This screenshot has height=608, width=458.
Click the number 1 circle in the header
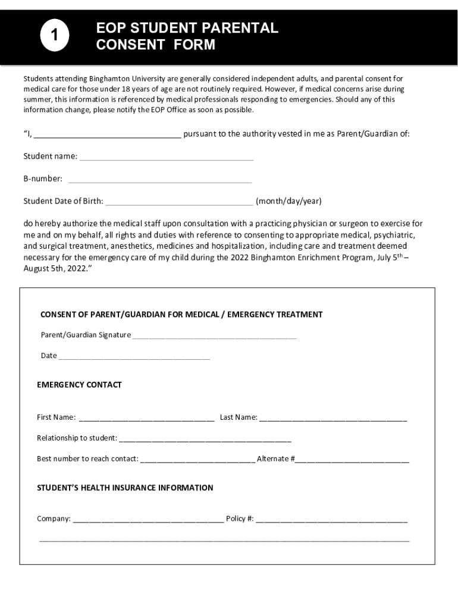point(55,37)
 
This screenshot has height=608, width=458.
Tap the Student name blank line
point(167,158)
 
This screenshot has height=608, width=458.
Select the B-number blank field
point(160,180)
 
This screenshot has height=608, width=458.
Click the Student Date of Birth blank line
point(178,202)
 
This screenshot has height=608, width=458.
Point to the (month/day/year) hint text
point(288,201)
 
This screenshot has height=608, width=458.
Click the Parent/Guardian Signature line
point(214,336)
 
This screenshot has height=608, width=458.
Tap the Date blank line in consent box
point(134,357)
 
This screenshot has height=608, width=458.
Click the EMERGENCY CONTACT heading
point(79,385)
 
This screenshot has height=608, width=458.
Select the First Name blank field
point(146,419)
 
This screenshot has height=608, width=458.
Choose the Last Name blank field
point(333,419)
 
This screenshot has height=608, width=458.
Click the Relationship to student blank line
point(205,440)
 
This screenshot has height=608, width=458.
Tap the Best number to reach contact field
point(197,460)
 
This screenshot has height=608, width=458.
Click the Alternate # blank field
point(352,460)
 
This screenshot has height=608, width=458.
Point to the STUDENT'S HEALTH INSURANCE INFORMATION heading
point(125,488)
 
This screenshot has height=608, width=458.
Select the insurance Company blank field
point(148,521)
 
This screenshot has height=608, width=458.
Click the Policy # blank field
point(331,521)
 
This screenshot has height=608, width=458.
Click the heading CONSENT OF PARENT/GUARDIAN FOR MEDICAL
point(181,315)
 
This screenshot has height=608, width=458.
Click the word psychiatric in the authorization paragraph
point(394,235)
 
